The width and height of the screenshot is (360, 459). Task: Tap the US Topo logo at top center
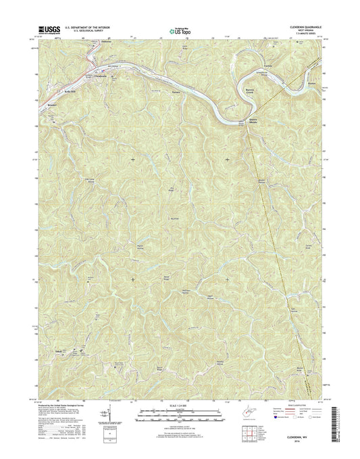(180, 29)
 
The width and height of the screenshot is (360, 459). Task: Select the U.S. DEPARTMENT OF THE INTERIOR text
(83, 26)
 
